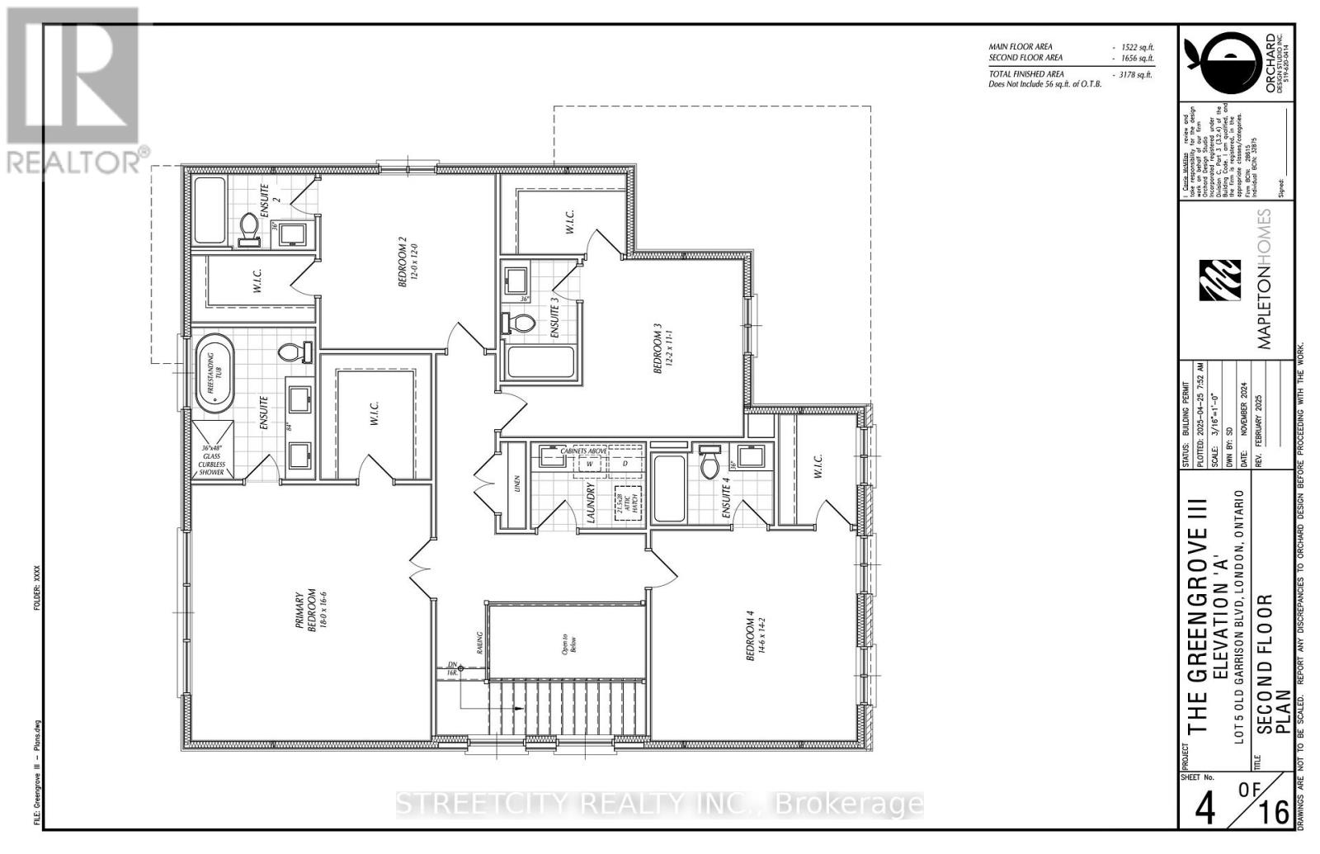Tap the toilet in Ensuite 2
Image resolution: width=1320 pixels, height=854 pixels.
pos(249,228)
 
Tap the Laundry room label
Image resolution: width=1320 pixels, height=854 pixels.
pos(591,504)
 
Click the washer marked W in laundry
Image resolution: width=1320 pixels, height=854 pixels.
pos(590,464)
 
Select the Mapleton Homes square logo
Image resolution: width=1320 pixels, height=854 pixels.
pos(1221,281)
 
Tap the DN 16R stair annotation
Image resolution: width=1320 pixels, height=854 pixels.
pos(451,668)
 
